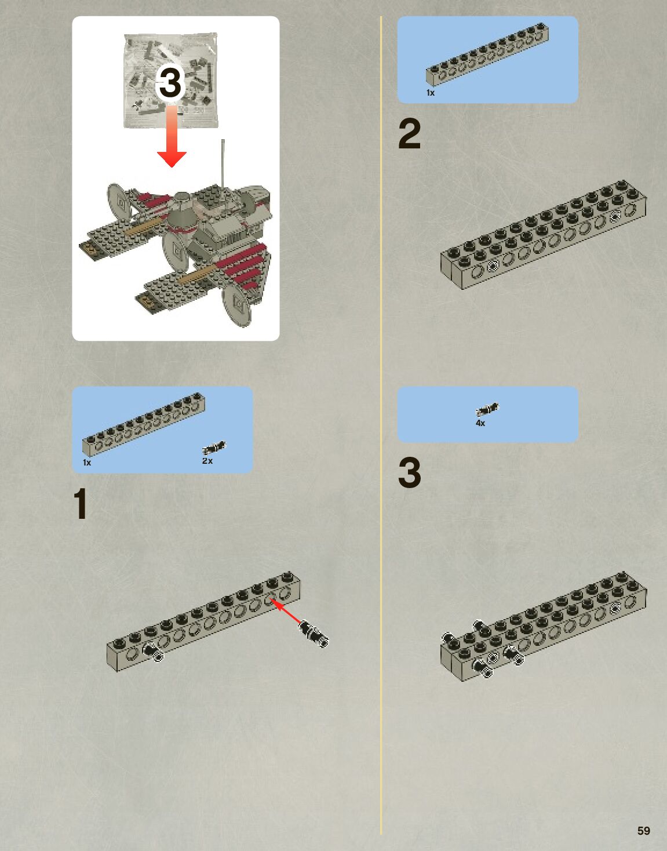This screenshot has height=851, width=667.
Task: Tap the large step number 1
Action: [x=81, y=503]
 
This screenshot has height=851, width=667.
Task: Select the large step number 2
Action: [x=410, y=134]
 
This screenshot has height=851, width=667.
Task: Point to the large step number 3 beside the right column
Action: [x=410, y=472]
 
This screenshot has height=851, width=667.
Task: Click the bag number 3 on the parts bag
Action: [x=170, y=83]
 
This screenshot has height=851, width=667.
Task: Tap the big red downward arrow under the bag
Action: [x=172, y=135]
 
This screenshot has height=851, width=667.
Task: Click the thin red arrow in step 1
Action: [x=286, y=610]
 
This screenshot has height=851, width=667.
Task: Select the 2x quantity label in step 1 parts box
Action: [x=207, y=461]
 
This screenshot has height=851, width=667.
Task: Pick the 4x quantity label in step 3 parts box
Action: [x=480, y=423]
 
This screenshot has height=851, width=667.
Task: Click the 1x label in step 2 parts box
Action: [x=431, y=93]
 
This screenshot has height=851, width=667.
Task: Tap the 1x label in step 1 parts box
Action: [x=87, y=463]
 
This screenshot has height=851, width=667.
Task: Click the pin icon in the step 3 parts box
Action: [x=487, y=409]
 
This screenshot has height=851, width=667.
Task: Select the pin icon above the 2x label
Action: [x=214, y=447]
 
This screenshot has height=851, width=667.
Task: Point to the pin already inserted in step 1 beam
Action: [x=153, y=652]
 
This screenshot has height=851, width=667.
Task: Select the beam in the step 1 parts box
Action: [x=144, y=424]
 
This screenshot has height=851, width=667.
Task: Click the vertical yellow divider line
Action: [x=381, y=425]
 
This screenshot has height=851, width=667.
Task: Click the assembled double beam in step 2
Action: [x=544, y=235]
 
